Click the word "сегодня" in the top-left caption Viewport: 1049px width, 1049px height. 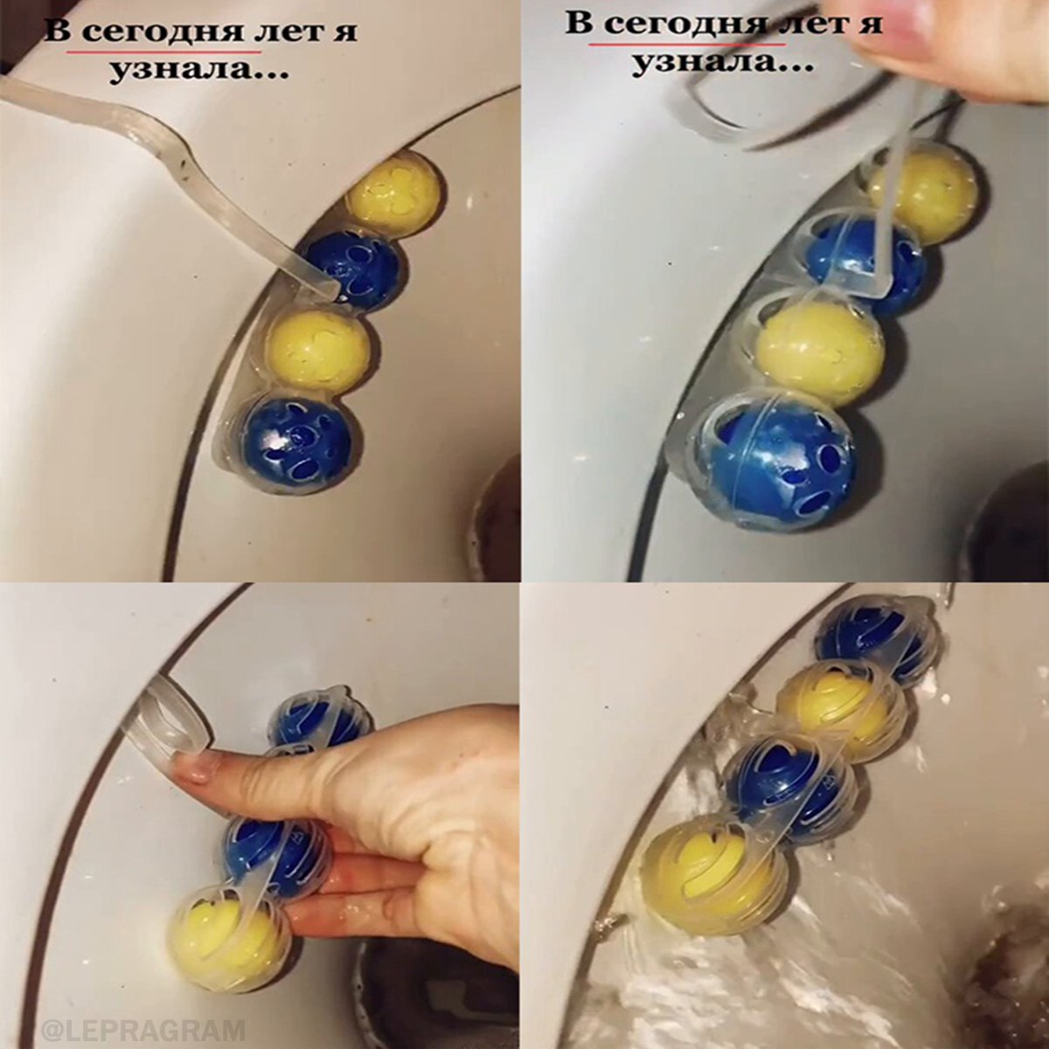click(x=163, y=32)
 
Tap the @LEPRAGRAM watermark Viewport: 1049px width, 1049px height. click(x=144, y=1029)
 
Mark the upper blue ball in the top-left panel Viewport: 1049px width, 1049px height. click(x=354, y=270)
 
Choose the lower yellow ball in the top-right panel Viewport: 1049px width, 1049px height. click(x=818, y=350)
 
